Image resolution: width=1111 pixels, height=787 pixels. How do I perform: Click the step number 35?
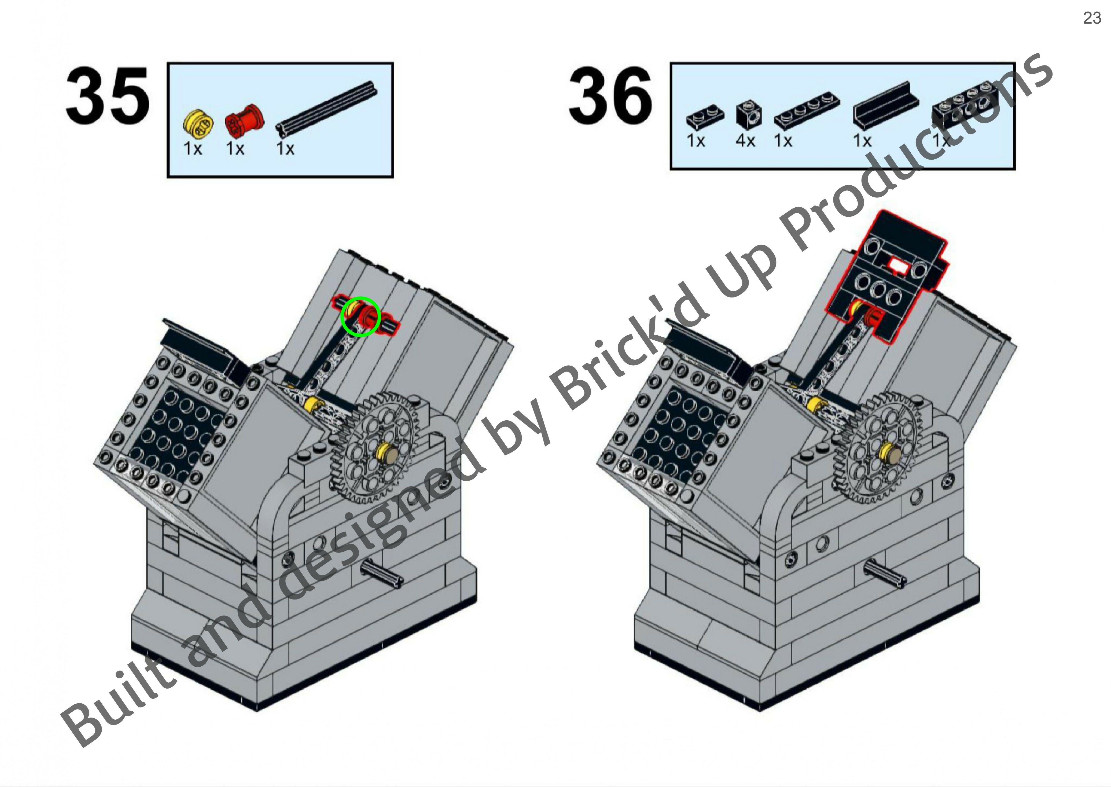[x=108, y=96]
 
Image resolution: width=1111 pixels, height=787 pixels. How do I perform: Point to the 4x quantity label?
[x=745, y=141]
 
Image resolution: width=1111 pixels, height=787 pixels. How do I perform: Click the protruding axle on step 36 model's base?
[x=885, y=571]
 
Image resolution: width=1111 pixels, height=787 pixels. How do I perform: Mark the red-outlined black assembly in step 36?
[x=887, y=281]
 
